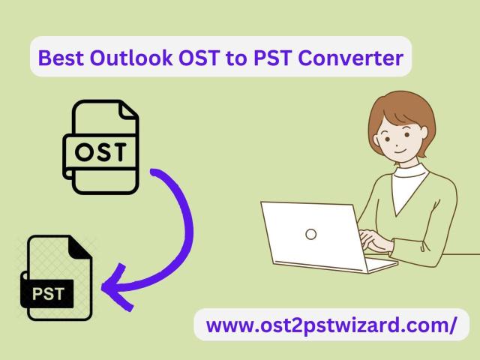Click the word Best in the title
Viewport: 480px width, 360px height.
pos(61,58)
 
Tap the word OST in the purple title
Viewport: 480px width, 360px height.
pos(199,58)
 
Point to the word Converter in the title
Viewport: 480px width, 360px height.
pos(350,58)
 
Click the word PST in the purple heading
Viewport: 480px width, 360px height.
pos(273,58)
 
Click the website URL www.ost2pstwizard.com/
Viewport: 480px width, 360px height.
pos(331,325)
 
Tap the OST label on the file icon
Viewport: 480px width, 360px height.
pos(100,151)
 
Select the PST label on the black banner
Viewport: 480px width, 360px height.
pos(48,294)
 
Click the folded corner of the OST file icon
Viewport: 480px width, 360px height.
pos(127,111)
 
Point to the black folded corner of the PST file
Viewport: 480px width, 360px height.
pos(79,247)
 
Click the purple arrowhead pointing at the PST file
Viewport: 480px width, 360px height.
pos(117,287)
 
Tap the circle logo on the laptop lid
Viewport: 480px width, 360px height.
pos(310,234)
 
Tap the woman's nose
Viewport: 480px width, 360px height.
pos(397,144)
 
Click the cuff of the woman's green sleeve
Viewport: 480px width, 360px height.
pos(426,247)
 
